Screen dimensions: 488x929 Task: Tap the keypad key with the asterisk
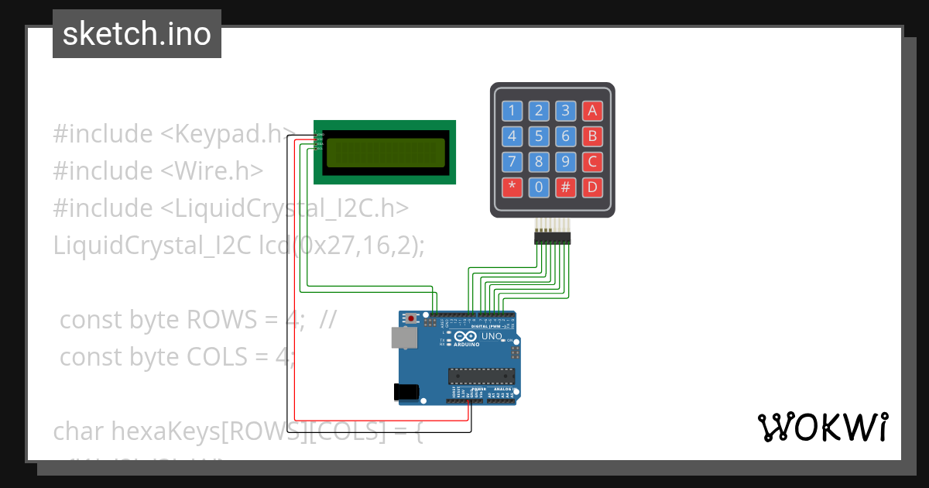click(x=512, y=187)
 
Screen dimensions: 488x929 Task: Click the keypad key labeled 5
click(x=540, y=137)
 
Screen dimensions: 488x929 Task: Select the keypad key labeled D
click(x=592, y=187)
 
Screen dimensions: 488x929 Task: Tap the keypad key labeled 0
click(x=540, y=187)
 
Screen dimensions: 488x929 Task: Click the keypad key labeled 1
click(x=512, y=111)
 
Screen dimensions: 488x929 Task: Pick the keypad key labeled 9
click(x=566, y=162)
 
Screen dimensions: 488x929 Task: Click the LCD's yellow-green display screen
click(x=386, y=153)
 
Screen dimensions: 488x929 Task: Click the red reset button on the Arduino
click(x=410, y=318)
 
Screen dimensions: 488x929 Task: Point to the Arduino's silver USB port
click(x=402, y=337)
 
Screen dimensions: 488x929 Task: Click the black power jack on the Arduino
click(x=407, y=392)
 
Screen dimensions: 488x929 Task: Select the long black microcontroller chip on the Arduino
click(x=481, y=376)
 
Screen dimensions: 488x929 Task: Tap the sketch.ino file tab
click(x=137, y=34)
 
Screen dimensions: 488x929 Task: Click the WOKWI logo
click(x=821, y=427)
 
